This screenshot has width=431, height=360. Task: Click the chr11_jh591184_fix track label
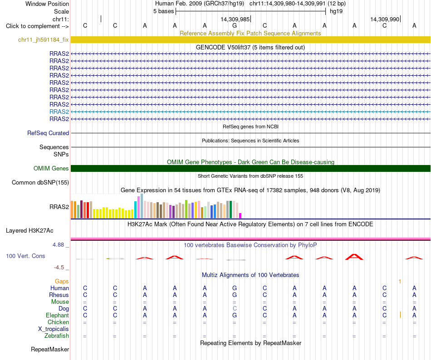pyautogui.click(x=44, y=40)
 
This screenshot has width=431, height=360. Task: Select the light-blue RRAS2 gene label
pyautogui.click(x=59, y=112)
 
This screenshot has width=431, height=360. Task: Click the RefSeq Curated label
pyautogui.click(x=48, y=133)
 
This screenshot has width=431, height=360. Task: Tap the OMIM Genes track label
pyautogui.click(x=51, y=168)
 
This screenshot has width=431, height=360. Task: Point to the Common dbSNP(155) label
pyautogui.click(x=40, y=183)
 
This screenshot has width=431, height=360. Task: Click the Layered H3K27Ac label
pyautogui.click(x=29, y=231)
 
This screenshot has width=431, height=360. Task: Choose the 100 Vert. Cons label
pyautogui.click(x=25, y=256)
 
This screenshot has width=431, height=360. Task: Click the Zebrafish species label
pyautogui.click(x=57, y=336)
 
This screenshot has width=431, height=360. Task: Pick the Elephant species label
pyautogui.click(x=58, y=316)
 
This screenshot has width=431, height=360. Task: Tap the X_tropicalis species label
pyautogui.click(x=54, y=329)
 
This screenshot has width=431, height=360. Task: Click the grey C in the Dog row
pyautogui.click(x=235, y=309)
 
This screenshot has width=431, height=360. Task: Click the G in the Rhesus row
pyautogui.click(x=235, y=295)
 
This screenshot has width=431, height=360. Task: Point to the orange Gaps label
pyautogui.click(x=62, y=282)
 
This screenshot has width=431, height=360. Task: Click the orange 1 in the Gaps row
pyautogui.click(x=400, y=282)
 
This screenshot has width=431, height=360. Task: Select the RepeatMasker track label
pyautogui.click(x=50, y=350)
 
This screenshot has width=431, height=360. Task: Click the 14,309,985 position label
pyautogui.click(x=235, y=19)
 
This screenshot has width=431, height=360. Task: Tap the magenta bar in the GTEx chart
pyautogui.click(x=240, y=215)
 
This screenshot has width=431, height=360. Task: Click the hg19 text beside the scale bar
pyautogui.click(x=336, y=11)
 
